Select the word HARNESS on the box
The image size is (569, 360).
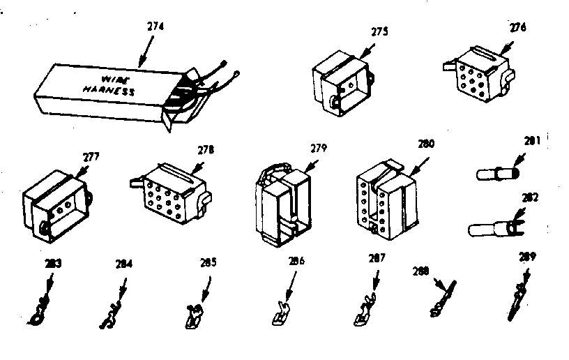107,91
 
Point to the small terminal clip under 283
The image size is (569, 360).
42,308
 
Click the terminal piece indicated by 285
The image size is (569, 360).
195,313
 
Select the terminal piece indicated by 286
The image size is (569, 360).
280,312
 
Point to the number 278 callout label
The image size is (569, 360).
206,149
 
